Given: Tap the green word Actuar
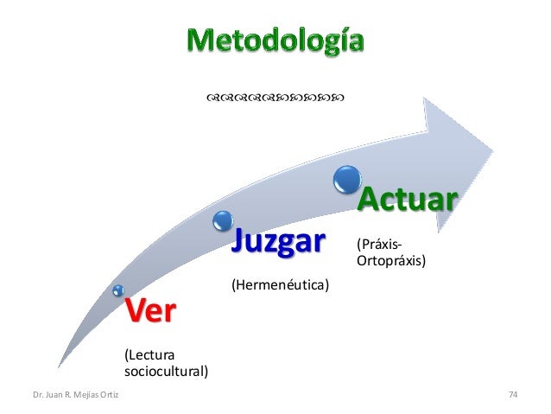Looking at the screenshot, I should [406, 201].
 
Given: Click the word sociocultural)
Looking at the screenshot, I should [167, 373].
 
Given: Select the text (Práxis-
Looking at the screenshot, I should [379, 243].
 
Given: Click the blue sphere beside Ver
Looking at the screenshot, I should [118, 291].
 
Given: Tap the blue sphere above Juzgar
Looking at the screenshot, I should [223, 218].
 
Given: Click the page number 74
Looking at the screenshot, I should [513, 395].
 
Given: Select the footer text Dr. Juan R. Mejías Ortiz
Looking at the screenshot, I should [76, 395].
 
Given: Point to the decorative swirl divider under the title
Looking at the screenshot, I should [275, 99].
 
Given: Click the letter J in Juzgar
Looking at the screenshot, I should [237, 241].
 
